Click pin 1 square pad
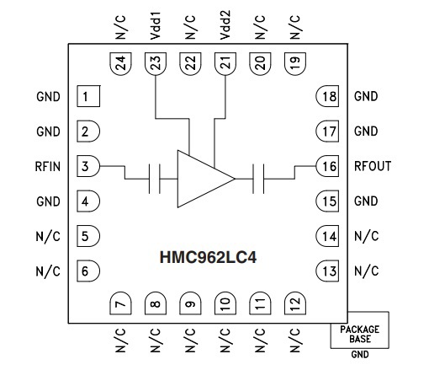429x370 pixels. click(x=88, y=96)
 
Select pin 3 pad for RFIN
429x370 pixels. click(x=88, y=166)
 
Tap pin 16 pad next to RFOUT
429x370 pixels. click(x=327, y=166)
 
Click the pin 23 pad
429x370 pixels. click(x=156, y=64)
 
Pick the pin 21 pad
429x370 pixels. click(x=225, y=64)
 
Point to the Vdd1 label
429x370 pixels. click(x=155, y=25)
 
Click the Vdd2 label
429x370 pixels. click(x=225, y=25)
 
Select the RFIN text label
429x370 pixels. click(x=48, y=166)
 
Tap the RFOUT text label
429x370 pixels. click(x=373, y=166)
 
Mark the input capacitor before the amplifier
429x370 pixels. click(x=155, y=179)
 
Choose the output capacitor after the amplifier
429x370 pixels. click(x=258, y=179)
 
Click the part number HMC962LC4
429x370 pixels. click(x=208, y=257)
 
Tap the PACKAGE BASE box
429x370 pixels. click(x=360, y=330)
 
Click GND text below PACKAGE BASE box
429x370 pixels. click(x=360, y=355)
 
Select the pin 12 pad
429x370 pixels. click(x=295, y=303)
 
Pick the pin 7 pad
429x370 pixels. click(x=120, y=303)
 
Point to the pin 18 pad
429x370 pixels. click(x=327, y=96)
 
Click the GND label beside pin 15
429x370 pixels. click(x=366, y=201)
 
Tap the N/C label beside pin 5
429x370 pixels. click(x=48, y=236)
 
